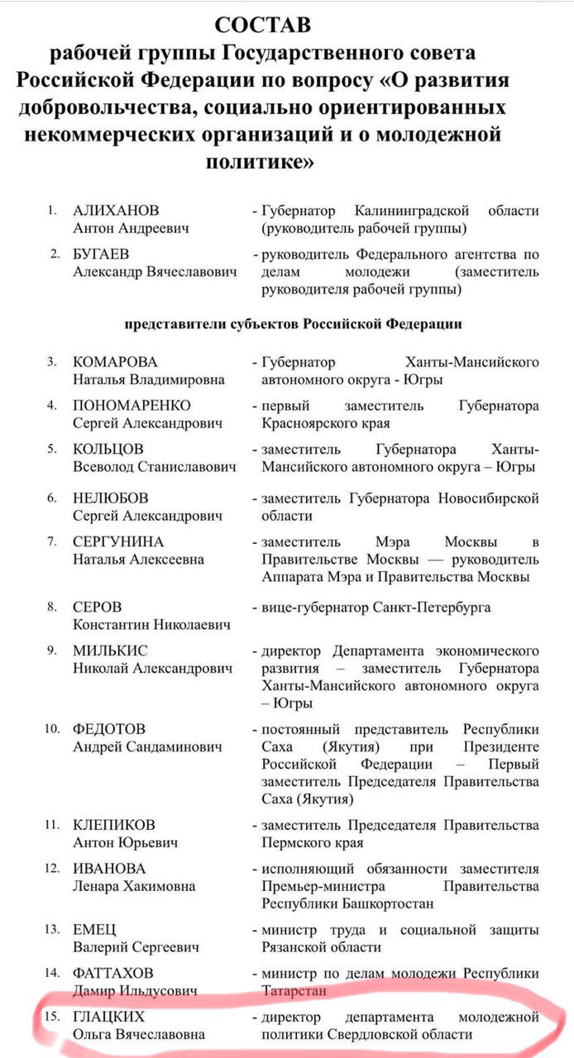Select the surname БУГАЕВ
pyautogui.click(x=101, y=254)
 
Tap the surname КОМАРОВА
pyautogui.click(x=115, y=362)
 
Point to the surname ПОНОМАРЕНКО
pyautogui.click(x=132, y=405)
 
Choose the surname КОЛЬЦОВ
pyautogui.click(x=108, y=449)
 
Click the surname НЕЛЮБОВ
pyautogui.click(x=111, y=498)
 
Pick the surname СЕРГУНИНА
pyautogui.click(x=118, y=542)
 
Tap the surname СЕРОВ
pyautogui.click(x=97, y=608)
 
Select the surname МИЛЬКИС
pyautogui.click(x=110, y=651)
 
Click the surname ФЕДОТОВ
pyautogui.click(x=109, y=729)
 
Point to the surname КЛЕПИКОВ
pyautogui.click(x=114, y=825)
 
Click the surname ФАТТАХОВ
pyautogui.click(x=113, y=973)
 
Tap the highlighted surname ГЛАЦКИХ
pyautogui.click(x=108, y=1017)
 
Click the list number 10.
pyautogui.click(x=52, y=729)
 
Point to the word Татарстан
pyautogui.click(x=294, y=990)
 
